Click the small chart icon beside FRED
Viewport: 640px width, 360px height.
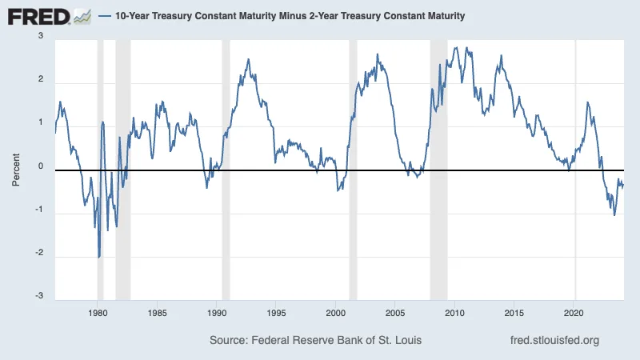(x=82, y=15)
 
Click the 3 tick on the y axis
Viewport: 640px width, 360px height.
(x=40, y=37)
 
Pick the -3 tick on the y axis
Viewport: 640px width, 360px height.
(x=38, y=297)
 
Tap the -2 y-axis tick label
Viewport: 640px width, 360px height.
(x=38, y=254)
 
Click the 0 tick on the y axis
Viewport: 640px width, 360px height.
(x=40, y=167)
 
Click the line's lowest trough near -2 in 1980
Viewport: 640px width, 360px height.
(x=99, y=257)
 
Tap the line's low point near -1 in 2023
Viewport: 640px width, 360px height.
(x=614, y=214)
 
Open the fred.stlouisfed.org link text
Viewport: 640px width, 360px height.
(x=554, y=341)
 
